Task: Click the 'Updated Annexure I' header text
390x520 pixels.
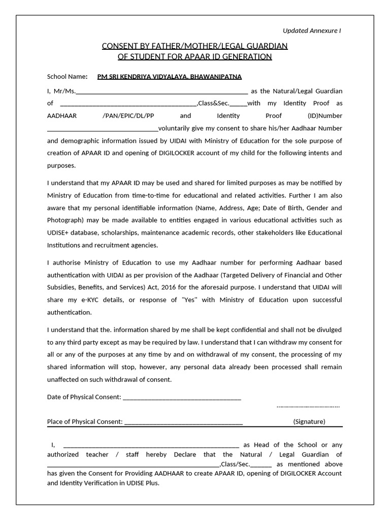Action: click(311, 30)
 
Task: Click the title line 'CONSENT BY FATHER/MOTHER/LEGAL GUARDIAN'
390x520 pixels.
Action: click(195, 46)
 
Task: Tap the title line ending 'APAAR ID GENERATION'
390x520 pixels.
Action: click(195, 56)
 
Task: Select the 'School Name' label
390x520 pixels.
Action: click(67, 77)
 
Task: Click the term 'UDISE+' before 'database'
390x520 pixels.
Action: click(58, 233)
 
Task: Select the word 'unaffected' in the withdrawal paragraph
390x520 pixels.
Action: click(64, 379)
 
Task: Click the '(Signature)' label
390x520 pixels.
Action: click(309, 421)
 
